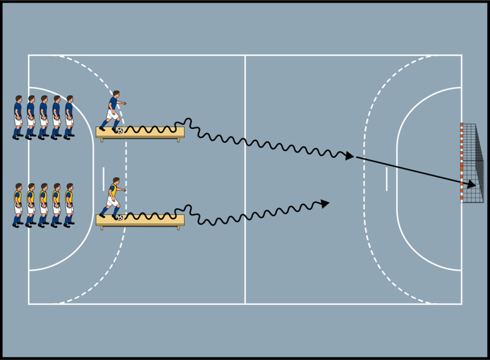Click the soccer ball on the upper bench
tap(120, 130)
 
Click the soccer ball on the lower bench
tap(120, 217)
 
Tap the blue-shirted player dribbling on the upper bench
tap(112, 110)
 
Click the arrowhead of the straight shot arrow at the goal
tap(472, 185)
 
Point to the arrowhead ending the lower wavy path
tap(325, 203)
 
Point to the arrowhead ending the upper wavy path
tap(350, 156)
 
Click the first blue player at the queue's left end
tap(17, 117)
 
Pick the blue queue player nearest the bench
tap(69, 117)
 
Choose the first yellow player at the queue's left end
tap(17, 205)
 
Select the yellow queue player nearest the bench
tap(69, 205)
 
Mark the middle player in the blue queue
tap(43, 117)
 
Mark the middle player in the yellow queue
tap(43, 205)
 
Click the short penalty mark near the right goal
tap(386, 179)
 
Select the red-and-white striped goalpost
tap(461, 162)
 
